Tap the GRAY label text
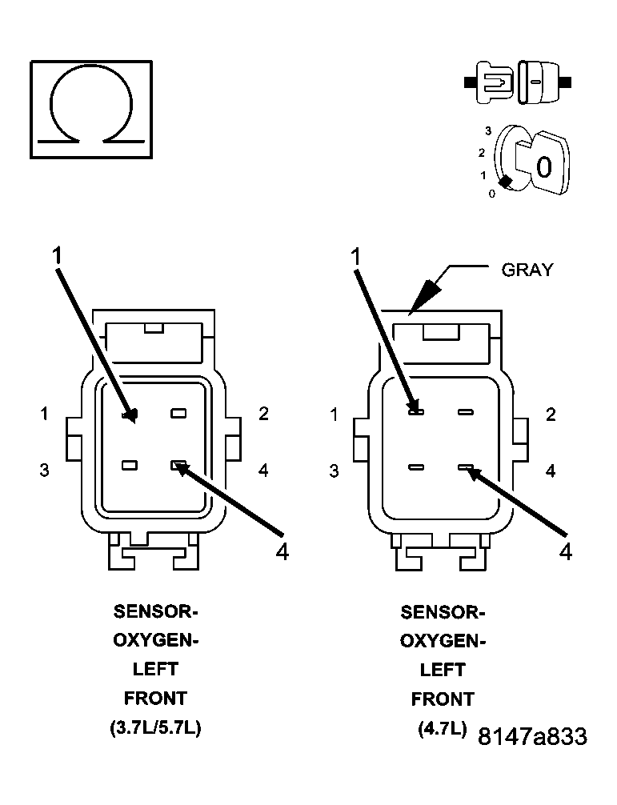pos(527,270)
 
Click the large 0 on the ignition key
pos(543,167)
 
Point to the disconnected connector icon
pos(516,82)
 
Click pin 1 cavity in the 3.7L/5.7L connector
pos(128,415)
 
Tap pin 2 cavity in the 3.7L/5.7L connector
pos(178,414)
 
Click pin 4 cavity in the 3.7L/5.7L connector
pos(178,464)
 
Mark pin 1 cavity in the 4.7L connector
pos(416,412)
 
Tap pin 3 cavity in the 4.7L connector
pos(416,467)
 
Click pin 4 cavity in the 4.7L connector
pos(466,467)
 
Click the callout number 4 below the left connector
pos(281,552)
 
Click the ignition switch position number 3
pos(487,130)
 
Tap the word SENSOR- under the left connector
pos(155,612)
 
